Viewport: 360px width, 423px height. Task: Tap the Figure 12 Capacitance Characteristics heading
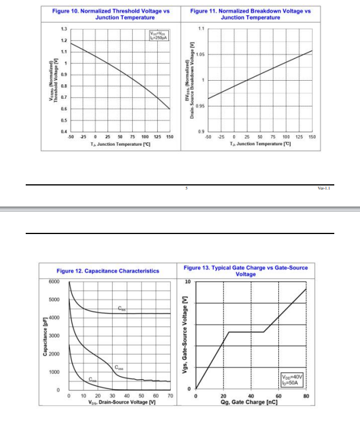(108, 271)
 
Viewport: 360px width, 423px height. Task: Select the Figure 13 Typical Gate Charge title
(245, 271)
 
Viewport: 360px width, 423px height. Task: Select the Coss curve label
(119, 368)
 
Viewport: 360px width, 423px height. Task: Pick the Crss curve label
(92, 380)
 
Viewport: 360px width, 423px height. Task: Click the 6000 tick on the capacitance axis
(54, 282)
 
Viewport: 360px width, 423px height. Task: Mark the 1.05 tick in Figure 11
(200, 54)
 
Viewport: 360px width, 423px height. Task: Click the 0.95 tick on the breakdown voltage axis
(200, 106)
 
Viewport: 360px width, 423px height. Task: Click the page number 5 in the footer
(186, 188)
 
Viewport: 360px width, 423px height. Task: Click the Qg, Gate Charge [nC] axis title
(251, 403)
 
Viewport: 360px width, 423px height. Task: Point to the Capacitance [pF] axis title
(45, 336)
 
